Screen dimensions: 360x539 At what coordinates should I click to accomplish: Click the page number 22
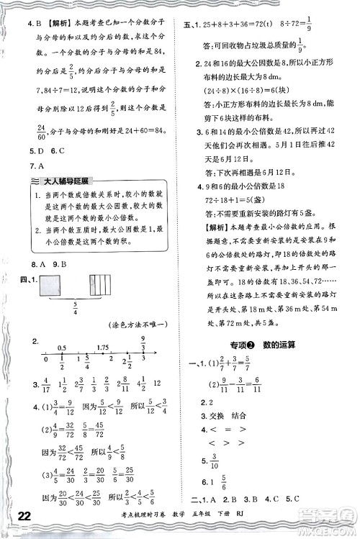pos(22,515)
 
